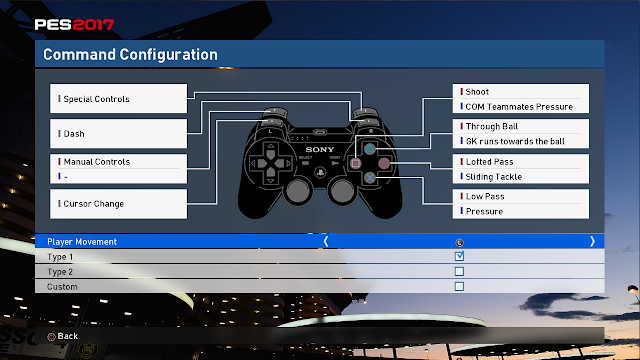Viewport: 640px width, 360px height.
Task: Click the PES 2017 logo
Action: (x=74, y=24)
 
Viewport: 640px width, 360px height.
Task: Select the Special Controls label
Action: (x=96, y=99)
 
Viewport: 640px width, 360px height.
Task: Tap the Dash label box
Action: (x=118, y=133)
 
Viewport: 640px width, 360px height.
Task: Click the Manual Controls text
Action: (x=97, y=162)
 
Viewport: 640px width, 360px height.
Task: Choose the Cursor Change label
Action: (x=93, y=204)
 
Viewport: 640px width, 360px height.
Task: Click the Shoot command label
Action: (x=477, y=92)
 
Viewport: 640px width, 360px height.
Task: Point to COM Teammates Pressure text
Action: (x=519, y=107)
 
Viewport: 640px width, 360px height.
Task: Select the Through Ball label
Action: (x=492, y=127)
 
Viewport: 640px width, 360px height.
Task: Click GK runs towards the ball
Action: (x=515, y=141)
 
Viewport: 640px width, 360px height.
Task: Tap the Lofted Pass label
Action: (x=489, y=162)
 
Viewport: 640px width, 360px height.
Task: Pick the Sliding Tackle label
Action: (x=493, y=177)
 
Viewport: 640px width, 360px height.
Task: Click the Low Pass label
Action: (x=485, y=196)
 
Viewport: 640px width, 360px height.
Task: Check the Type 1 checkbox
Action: (x=459, y=256)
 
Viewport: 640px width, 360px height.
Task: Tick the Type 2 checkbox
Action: (x=459, y=271)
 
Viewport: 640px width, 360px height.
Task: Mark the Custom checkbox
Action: (x=459, y=287)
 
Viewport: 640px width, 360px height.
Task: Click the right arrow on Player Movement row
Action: (x=592, y=242)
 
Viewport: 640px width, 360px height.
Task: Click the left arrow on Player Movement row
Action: (x=326, y=242)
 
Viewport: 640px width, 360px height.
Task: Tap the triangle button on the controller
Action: (x=369, y=149)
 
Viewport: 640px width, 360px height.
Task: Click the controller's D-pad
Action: (x=271, y=163)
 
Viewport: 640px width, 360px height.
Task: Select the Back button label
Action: (x=67, y=336)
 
